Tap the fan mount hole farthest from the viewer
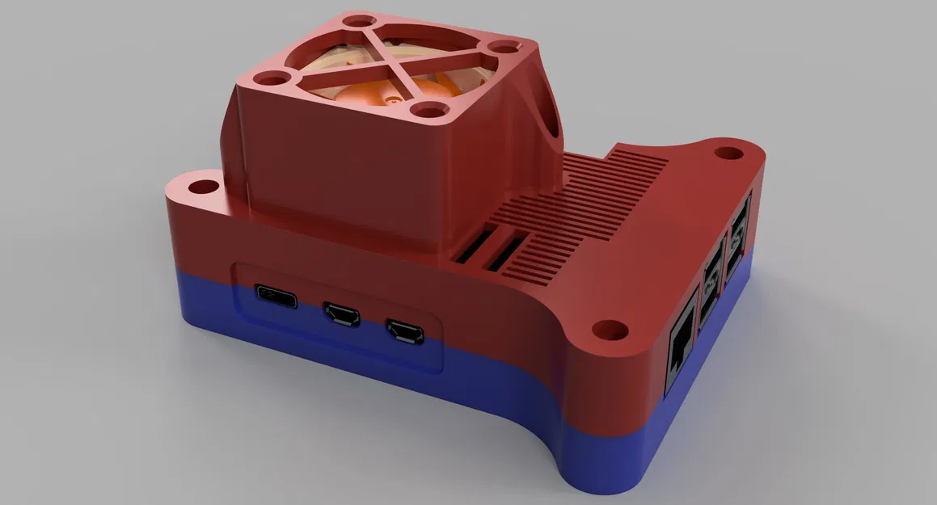point(357,21)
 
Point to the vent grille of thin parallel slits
point(582,202)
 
